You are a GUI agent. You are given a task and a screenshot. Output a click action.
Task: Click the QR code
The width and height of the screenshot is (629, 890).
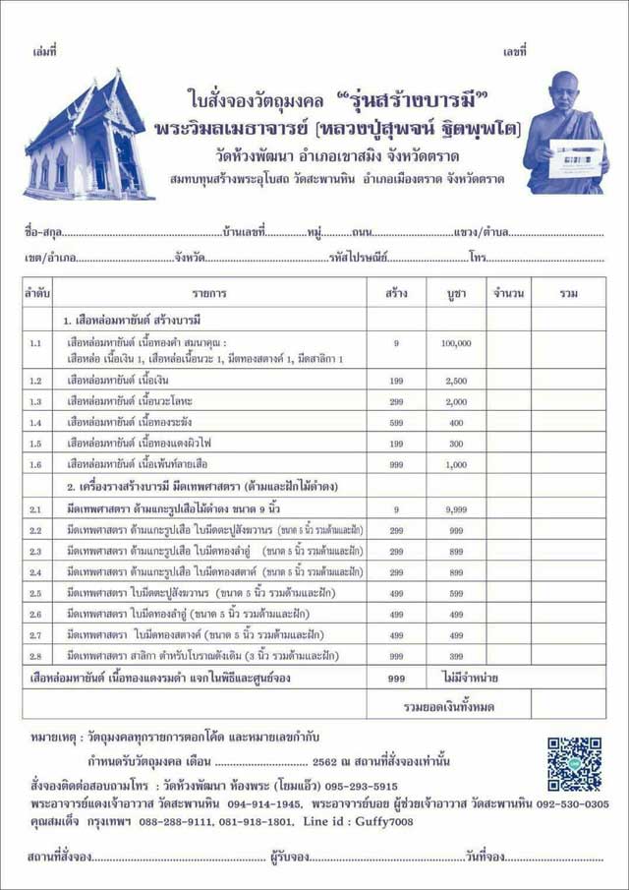574,764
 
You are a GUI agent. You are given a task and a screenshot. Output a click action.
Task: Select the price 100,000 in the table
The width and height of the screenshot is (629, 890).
456,343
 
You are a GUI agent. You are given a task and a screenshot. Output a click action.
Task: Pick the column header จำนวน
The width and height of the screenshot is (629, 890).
508,293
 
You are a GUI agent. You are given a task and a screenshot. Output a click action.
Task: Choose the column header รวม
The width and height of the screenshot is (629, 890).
568,293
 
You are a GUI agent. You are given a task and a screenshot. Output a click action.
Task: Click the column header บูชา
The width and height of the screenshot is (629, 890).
456,293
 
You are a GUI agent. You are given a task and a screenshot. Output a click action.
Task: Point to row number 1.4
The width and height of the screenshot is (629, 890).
35,422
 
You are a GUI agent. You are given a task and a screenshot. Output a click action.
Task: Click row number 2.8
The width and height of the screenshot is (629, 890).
35,654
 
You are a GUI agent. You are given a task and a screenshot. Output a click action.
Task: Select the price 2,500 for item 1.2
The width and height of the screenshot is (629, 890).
456,381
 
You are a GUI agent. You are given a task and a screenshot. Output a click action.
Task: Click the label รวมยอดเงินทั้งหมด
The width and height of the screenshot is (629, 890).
448,706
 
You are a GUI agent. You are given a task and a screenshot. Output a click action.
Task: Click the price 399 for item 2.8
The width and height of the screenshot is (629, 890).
456,654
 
